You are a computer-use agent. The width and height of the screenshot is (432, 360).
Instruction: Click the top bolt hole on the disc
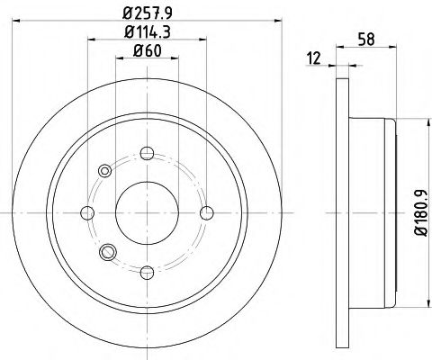[148, 153]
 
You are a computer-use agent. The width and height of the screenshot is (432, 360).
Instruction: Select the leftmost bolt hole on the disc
[88, 212]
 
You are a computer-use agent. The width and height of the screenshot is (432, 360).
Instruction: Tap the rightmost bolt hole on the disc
[206, 212]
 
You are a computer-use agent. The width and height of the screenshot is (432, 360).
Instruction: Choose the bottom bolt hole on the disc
[148, 270]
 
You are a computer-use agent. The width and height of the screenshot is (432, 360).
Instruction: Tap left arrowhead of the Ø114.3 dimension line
[92, 39]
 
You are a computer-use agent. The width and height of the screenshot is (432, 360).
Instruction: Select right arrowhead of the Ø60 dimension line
[175, 58]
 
